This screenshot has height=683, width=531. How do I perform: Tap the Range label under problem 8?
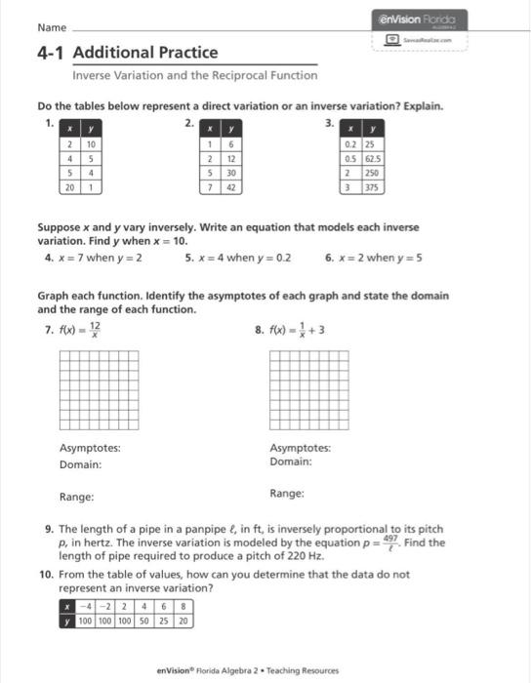point(286,494)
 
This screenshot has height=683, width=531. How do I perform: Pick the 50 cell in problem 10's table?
point(144,620)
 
